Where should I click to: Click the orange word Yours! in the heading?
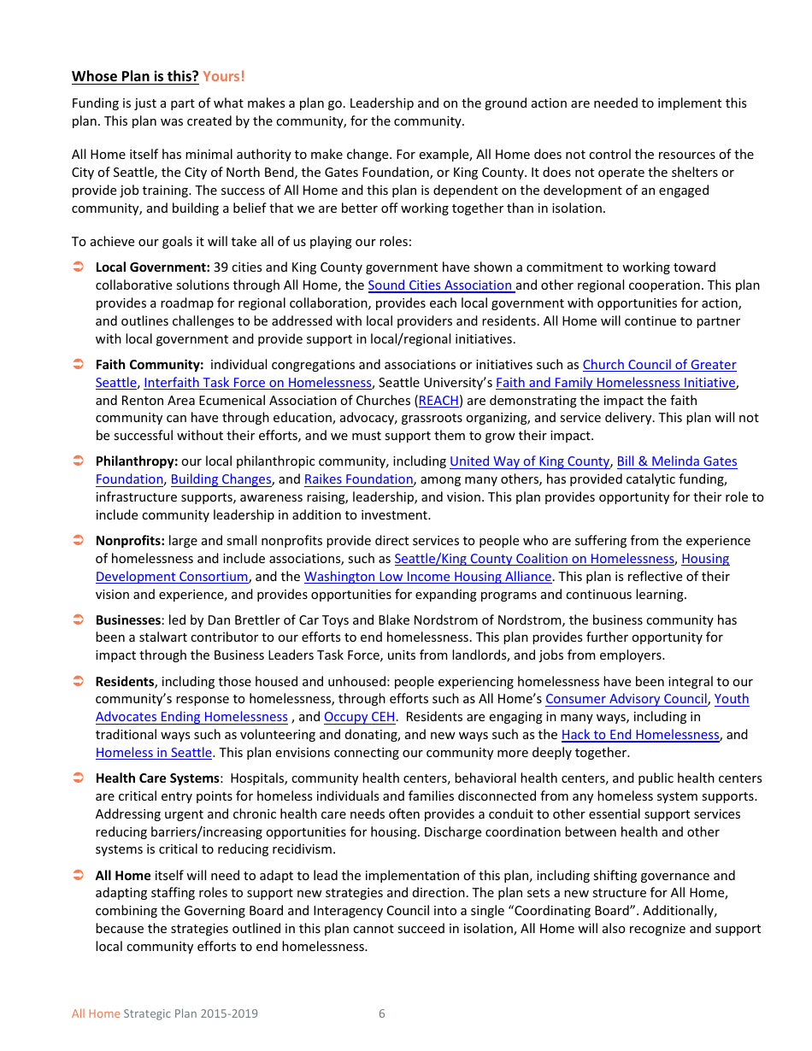[x=223, y=76]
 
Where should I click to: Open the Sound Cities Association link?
[x=440, y=285]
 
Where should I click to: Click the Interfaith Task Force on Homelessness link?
[x=257, y=383]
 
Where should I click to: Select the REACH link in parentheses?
[x=438, y=401]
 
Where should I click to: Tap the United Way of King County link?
[x=529, y=461]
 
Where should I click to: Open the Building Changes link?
[x=221, y=479]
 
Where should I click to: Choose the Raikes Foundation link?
[x=358, y=479]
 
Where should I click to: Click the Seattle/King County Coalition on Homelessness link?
[x=533, y=559]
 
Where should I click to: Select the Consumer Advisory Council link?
[x=626, y=699]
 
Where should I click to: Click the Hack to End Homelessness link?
[x=640, y=735]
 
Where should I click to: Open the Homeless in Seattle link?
[x=154, y=753]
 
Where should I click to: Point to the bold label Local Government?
[x=152, y=267]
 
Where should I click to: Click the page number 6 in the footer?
[x=382, y=1014]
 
